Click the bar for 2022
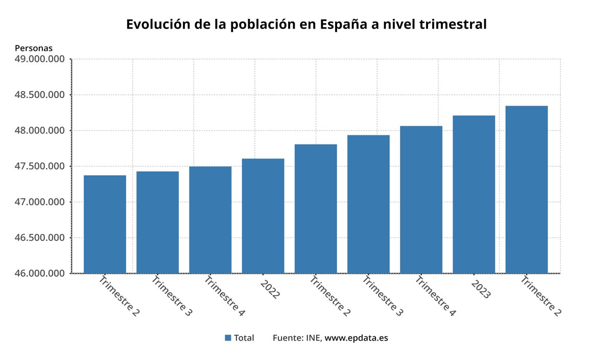[263, 215]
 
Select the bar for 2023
[474, 194]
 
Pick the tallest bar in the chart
[526, 189]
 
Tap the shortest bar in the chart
[105, 224]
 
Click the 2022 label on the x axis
[270, 289]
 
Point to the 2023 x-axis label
[481, 289]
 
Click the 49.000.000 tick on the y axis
[40, 59]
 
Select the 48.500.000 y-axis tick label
[40, 95]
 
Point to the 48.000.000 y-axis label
[40, 131]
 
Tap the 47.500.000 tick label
[40, 166]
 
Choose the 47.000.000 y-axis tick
[40, 202]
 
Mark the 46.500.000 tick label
[40, 238]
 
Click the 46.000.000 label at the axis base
[40, 274]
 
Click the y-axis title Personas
[34, 48]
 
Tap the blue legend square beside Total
[228, 338]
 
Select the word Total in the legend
[244, 338]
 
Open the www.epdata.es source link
[356, 338]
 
